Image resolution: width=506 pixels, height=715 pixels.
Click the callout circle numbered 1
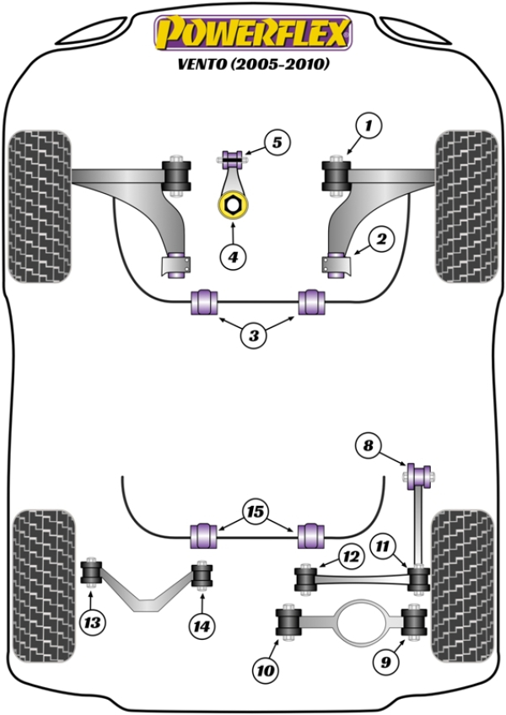point(368,126)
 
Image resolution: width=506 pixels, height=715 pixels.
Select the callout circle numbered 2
point(380,240)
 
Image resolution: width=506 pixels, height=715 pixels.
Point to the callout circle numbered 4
point(233,255)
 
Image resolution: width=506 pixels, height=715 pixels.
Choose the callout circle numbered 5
point(277,143)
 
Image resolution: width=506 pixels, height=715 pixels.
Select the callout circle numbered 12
point(349,555)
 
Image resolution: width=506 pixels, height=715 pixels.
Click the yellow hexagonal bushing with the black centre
point(229,205)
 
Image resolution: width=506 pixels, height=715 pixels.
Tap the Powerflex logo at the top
point(251,34)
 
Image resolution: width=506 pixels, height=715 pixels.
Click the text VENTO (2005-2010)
point(251,64)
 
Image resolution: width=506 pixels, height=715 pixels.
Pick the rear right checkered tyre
point(462,585)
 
